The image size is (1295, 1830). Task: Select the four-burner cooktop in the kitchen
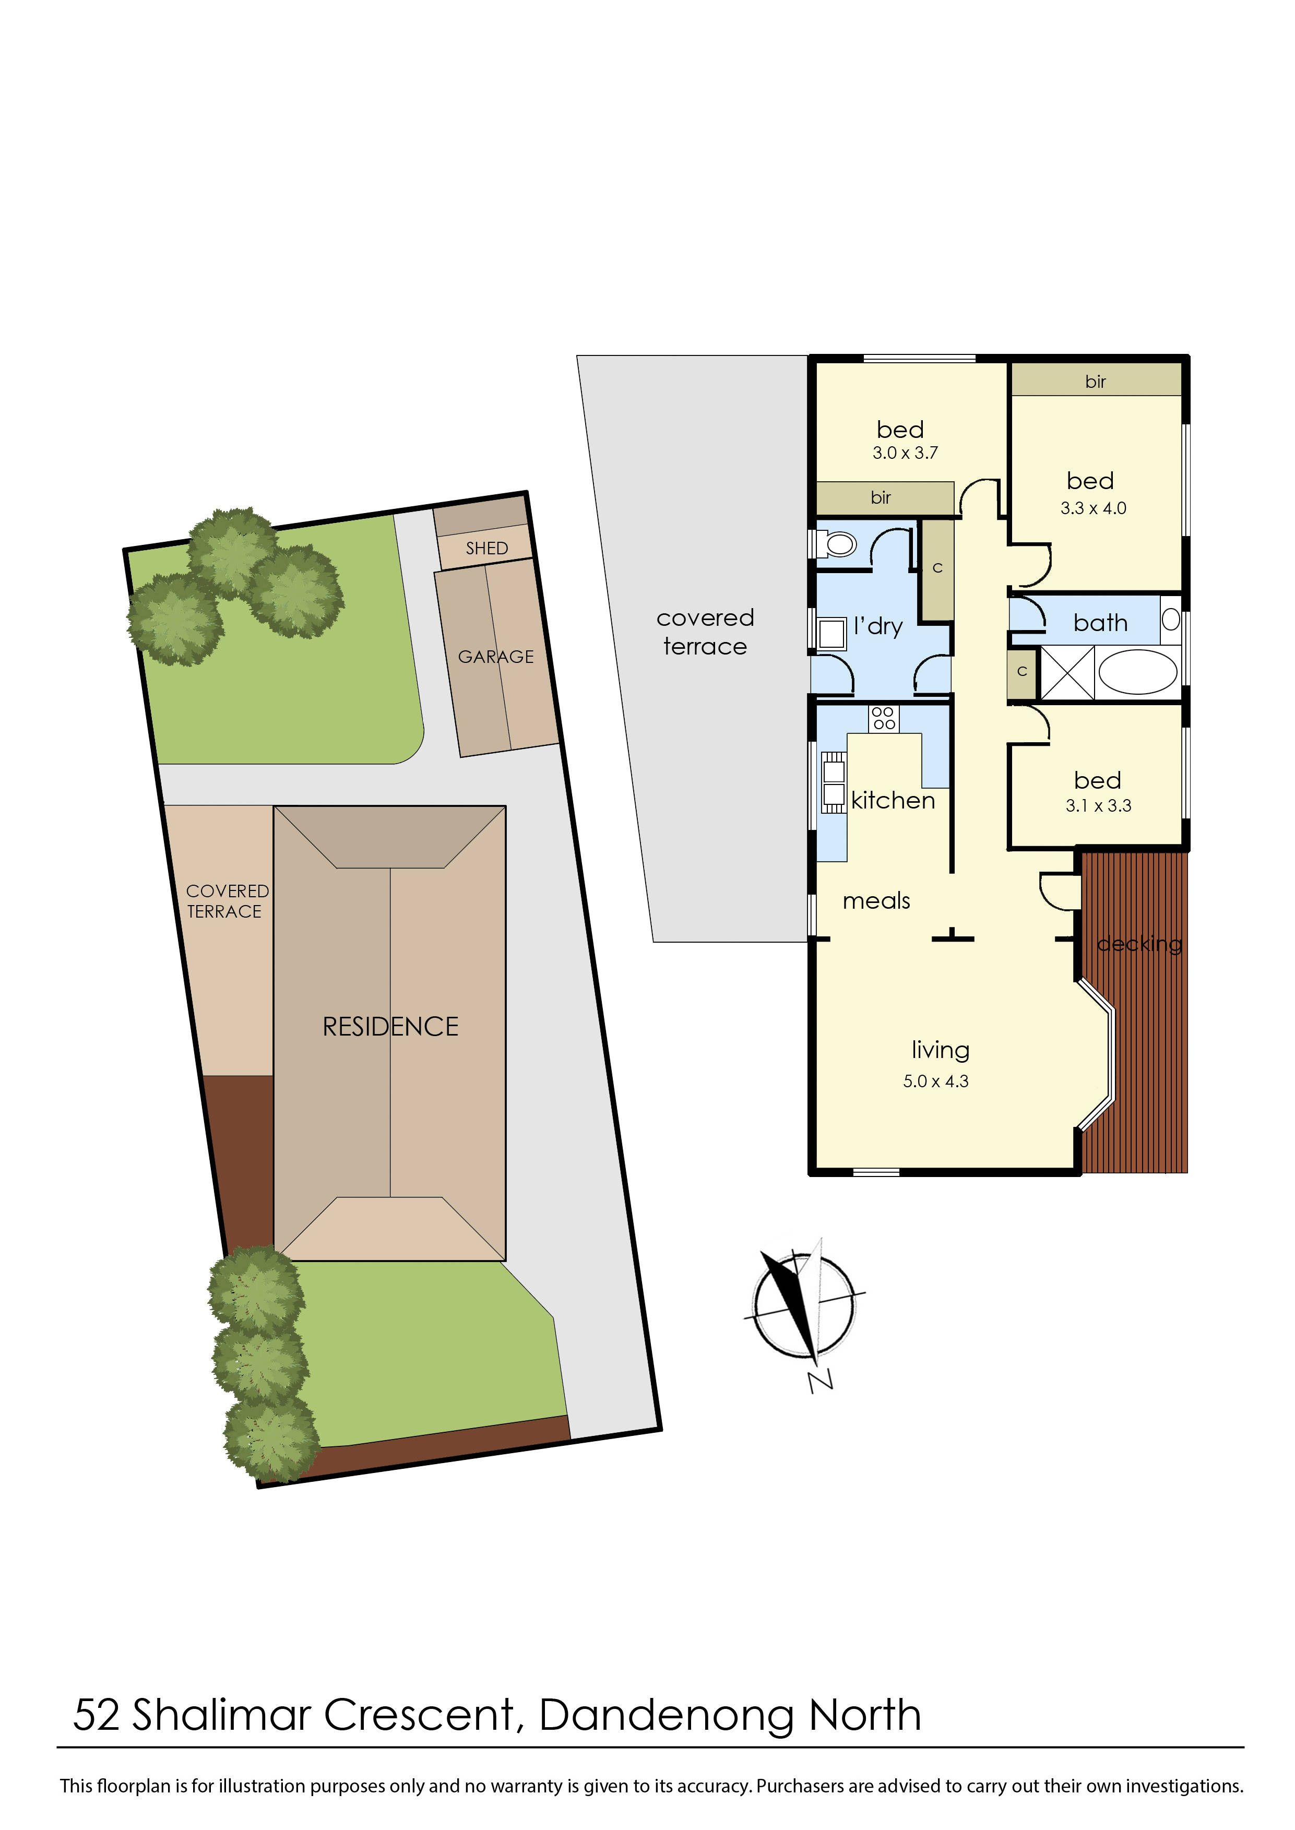point(884,718)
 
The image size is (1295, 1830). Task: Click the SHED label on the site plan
point(486,548)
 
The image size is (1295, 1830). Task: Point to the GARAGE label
point(495,656)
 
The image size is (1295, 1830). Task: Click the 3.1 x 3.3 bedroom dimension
point(1098,805)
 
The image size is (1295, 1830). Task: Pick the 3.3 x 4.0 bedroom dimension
point(1092,508)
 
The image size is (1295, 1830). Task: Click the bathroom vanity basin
point(1170,619)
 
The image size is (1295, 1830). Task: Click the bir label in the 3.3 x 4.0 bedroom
point(1095,382)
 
